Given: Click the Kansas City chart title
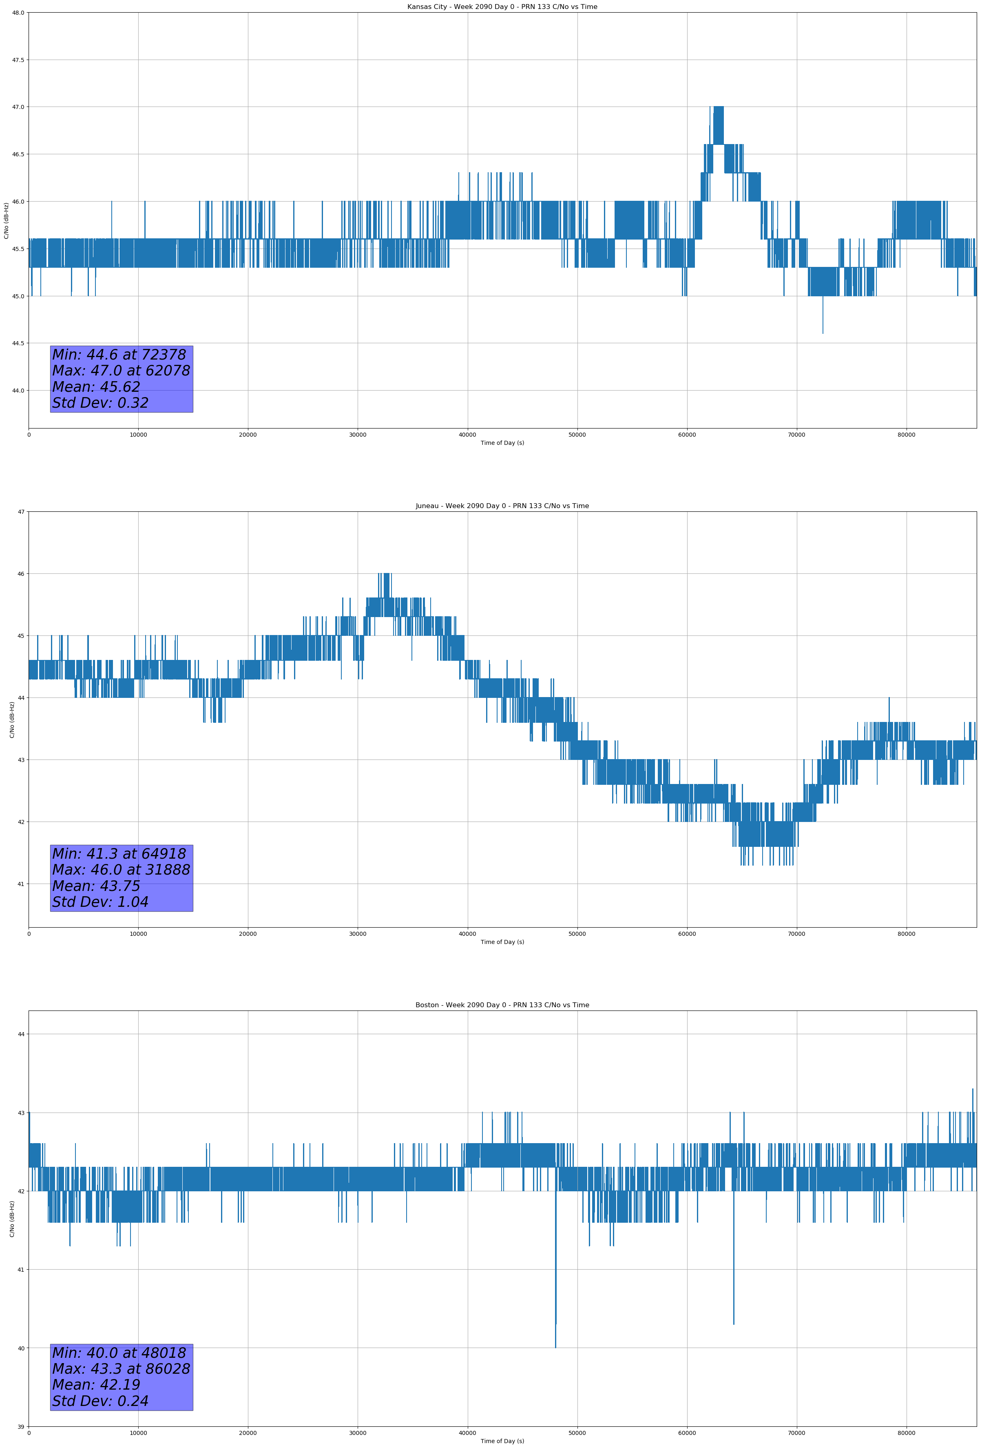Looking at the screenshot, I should click(502, 7).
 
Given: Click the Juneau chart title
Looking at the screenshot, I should click(502, 506).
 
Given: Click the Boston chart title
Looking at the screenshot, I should click(502, 1005).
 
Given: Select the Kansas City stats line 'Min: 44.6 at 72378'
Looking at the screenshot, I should click(119, 355).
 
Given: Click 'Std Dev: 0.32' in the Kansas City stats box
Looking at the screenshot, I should click(100, 403).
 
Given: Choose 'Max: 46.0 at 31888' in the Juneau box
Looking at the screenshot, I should click(121, 870).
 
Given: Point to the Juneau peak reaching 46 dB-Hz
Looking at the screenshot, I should click(387, 575).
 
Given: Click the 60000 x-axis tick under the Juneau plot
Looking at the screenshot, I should click(687, 934).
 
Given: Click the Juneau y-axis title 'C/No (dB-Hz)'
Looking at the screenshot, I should click(12, 720).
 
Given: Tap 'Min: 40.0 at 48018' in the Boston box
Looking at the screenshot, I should click(119, 1353).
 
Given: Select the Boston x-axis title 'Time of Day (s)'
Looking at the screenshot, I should click(502, 1441).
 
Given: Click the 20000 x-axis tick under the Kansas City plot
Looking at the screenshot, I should click(248, 435).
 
